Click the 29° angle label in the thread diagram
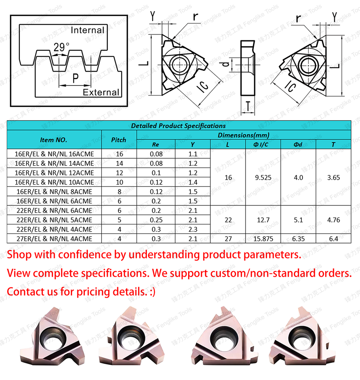tap(61, 47)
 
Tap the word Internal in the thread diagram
tap(87, 30)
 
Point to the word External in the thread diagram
tap(101, 92)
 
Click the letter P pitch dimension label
tap(75, 79)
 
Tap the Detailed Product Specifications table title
tap(178, 126)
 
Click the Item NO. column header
tap(54, 140)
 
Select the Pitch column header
tap(118, 140)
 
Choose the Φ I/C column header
tap(263, 144)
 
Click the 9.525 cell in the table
tap(263, 177)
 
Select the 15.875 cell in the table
tap(263, 239)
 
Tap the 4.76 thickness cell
tap(333, 220)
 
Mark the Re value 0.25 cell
tap(156, 220)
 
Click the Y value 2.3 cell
tap(193, 229)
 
